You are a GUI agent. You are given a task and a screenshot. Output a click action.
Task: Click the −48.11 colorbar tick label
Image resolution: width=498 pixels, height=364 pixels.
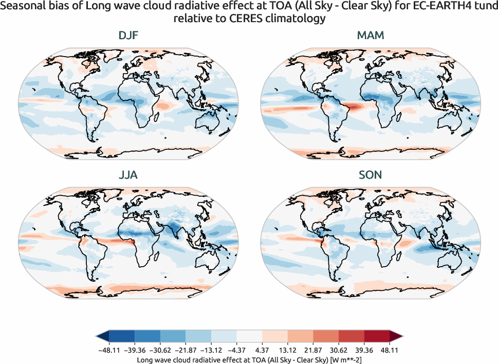[x=108, y=350]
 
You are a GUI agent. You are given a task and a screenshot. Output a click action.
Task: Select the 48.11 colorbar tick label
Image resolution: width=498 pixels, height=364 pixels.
[x=390, y=350]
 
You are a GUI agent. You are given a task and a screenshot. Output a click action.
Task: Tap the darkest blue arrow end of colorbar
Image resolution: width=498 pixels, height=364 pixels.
[x=102, y=337]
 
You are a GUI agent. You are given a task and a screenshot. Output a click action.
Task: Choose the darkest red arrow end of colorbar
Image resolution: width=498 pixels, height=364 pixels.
[x=397, y=337]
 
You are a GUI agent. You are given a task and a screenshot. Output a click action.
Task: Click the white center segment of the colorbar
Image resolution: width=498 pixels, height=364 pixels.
[x=249, y=337]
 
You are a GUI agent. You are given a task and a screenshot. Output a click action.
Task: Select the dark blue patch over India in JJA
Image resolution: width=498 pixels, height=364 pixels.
[x=177, y=229]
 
